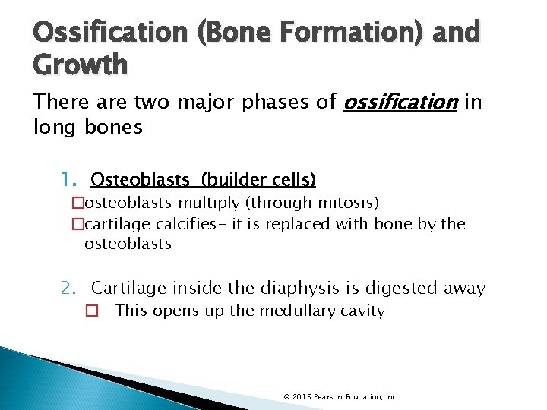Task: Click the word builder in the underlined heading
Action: pyautogui.click(x=228, y=180)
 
